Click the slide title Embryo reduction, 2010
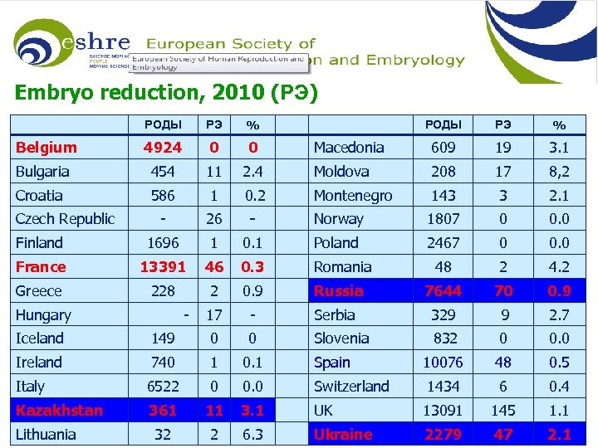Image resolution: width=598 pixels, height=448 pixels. click(x=166, y=92)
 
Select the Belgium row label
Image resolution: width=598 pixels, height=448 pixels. click(x=47, y=148)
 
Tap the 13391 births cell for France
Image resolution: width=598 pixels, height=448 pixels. click(x=163, y=267)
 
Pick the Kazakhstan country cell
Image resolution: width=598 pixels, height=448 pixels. click(x=59, y=411)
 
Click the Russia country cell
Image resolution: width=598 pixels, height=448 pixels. click(x=339, y=291)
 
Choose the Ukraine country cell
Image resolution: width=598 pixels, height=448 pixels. click(x=343, y=435)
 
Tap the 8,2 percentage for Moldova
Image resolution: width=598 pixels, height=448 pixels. click(x=559, y=172)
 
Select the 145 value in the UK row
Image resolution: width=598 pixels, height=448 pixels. click(x=502, y=411)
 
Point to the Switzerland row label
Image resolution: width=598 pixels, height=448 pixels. click(x=351, y=387)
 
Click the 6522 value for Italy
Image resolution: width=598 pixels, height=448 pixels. click(x=163, y=387)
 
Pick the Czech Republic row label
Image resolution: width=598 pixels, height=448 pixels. click(x=65, y=219)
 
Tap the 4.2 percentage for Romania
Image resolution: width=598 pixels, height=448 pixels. click(x=559, y=267)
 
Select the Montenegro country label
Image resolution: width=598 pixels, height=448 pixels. click(x=353, y=196)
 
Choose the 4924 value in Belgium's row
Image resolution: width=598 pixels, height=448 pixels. click(x=163, y=148)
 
